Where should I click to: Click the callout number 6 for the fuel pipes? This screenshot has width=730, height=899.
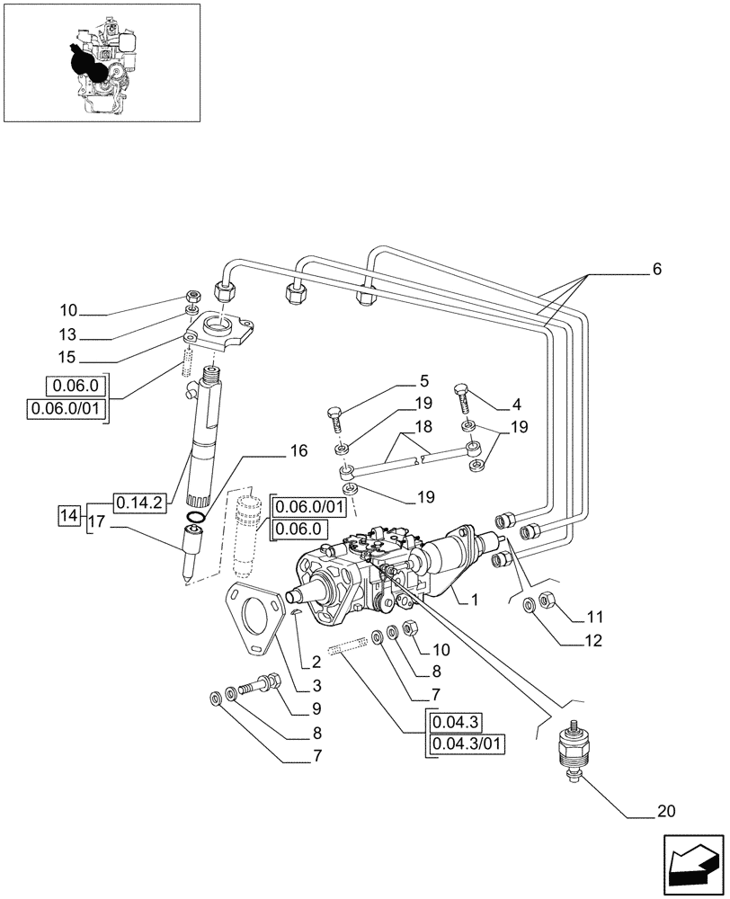click(x=656, y=268)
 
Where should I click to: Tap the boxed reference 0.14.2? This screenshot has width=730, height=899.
click(x=138, y=503)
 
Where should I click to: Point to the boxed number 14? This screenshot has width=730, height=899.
click(x=68, y=515)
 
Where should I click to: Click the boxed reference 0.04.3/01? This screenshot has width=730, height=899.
click(x=468, y=743)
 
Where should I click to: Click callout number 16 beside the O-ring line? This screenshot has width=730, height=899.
click(x=298, y=451)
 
